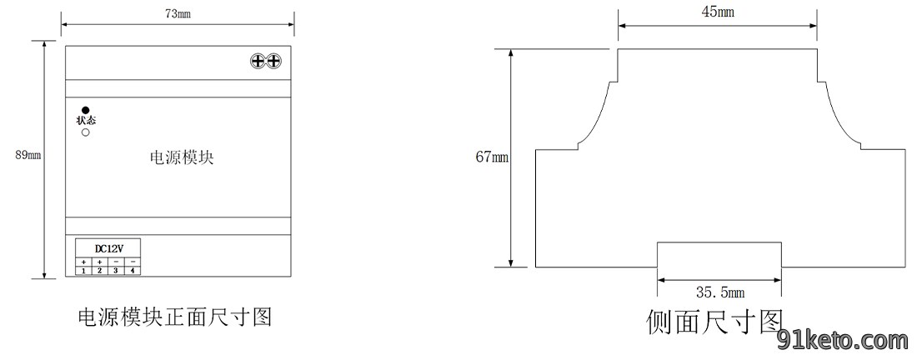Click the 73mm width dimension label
[178, 15]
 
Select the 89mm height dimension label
[28, 155]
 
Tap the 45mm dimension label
[718, 12]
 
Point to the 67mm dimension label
[493, 157]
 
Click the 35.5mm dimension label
[720, 292]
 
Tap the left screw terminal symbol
[258, 60]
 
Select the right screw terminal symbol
[273, 60]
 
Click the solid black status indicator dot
[85, 110]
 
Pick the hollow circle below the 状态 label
[85, 132]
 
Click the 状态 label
[85, 121]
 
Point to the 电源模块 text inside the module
[182, 157]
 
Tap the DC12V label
[108, 247]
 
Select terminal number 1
[83, 271]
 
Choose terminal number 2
[99, 271]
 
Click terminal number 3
[116, 271]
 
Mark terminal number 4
[133, 271]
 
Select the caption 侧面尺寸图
[714, 322]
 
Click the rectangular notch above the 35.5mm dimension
[719, 242]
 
